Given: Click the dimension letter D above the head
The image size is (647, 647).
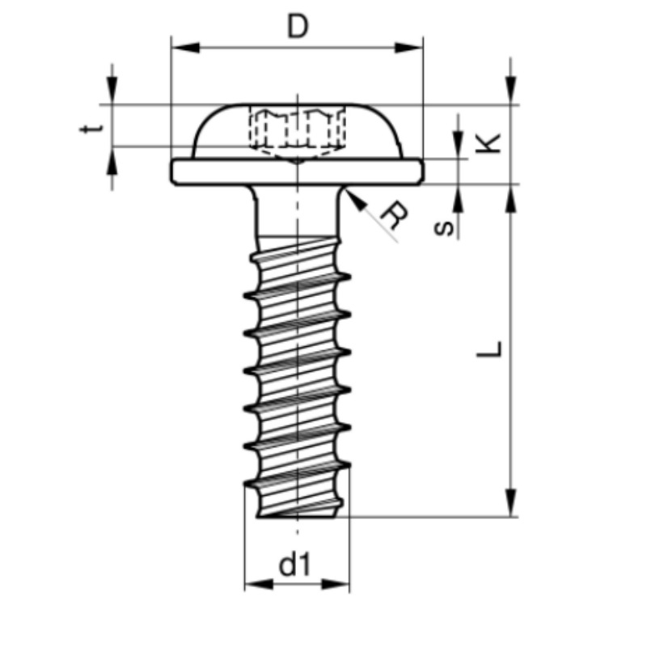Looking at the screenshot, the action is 298,27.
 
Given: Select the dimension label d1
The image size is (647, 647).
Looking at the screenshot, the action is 294,565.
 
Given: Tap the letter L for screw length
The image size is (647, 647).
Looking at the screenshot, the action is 489,349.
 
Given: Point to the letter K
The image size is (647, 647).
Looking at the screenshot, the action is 488,143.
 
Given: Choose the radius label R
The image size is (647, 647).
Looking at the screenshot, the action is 394,215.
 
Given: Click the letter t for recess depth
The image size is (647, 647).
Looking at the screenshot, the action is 91,128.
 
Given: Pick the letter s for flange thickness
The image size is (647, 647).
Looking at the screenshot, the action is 444,228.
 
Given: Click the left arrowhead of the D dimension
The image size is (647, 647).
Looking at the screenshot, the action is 185,48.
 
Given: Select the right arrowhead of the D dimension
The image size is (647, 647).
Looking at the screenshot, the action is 409,48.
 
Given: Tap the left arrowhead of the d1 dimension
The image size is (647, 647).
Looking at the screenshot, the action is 259,584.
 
